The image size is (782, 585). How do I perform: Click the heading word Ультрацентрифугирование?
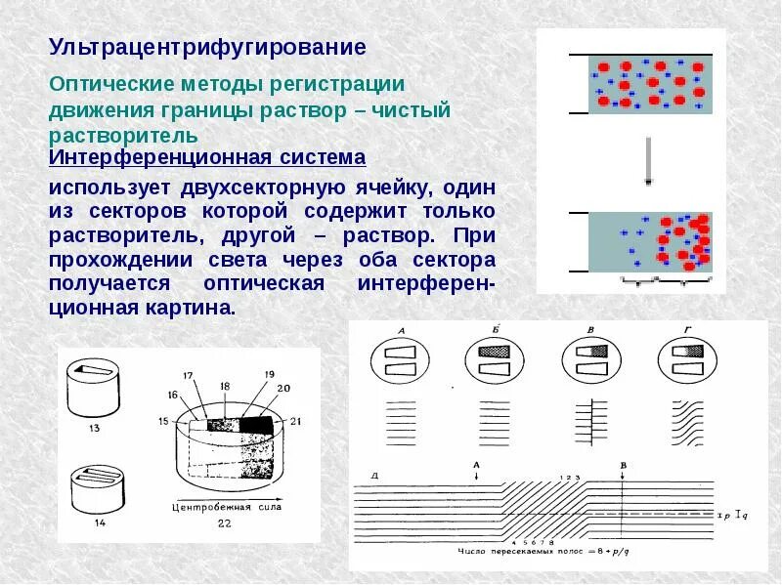pos(207,46)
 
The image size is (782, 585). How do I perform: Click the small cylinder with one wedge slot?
pos(95,384)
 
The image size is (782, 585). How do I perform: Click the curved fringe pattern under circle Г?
pos(690,422)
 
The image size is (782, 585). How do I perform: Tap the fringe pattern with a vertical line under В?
pos(592,420)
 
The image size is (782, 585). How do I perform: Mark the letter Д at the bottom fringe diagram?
pos(373,476)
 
